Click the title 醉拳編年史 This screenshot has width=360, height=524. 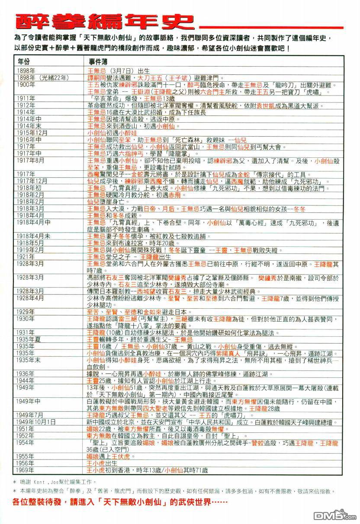(102, 22)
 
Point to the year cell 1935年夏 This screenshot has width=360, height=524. (28, 339)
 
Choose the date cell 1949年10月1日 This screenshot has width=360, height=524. (36, 421)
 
